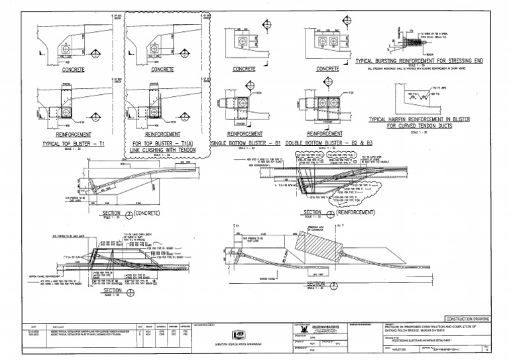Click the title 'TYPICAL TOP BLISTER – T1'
[74, 143]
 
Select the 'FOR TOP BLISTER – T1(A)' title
[166, 143]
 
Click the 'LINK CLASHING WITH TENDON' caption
[166, 150]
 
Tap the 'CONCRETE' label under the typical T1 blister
[74, 69]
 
